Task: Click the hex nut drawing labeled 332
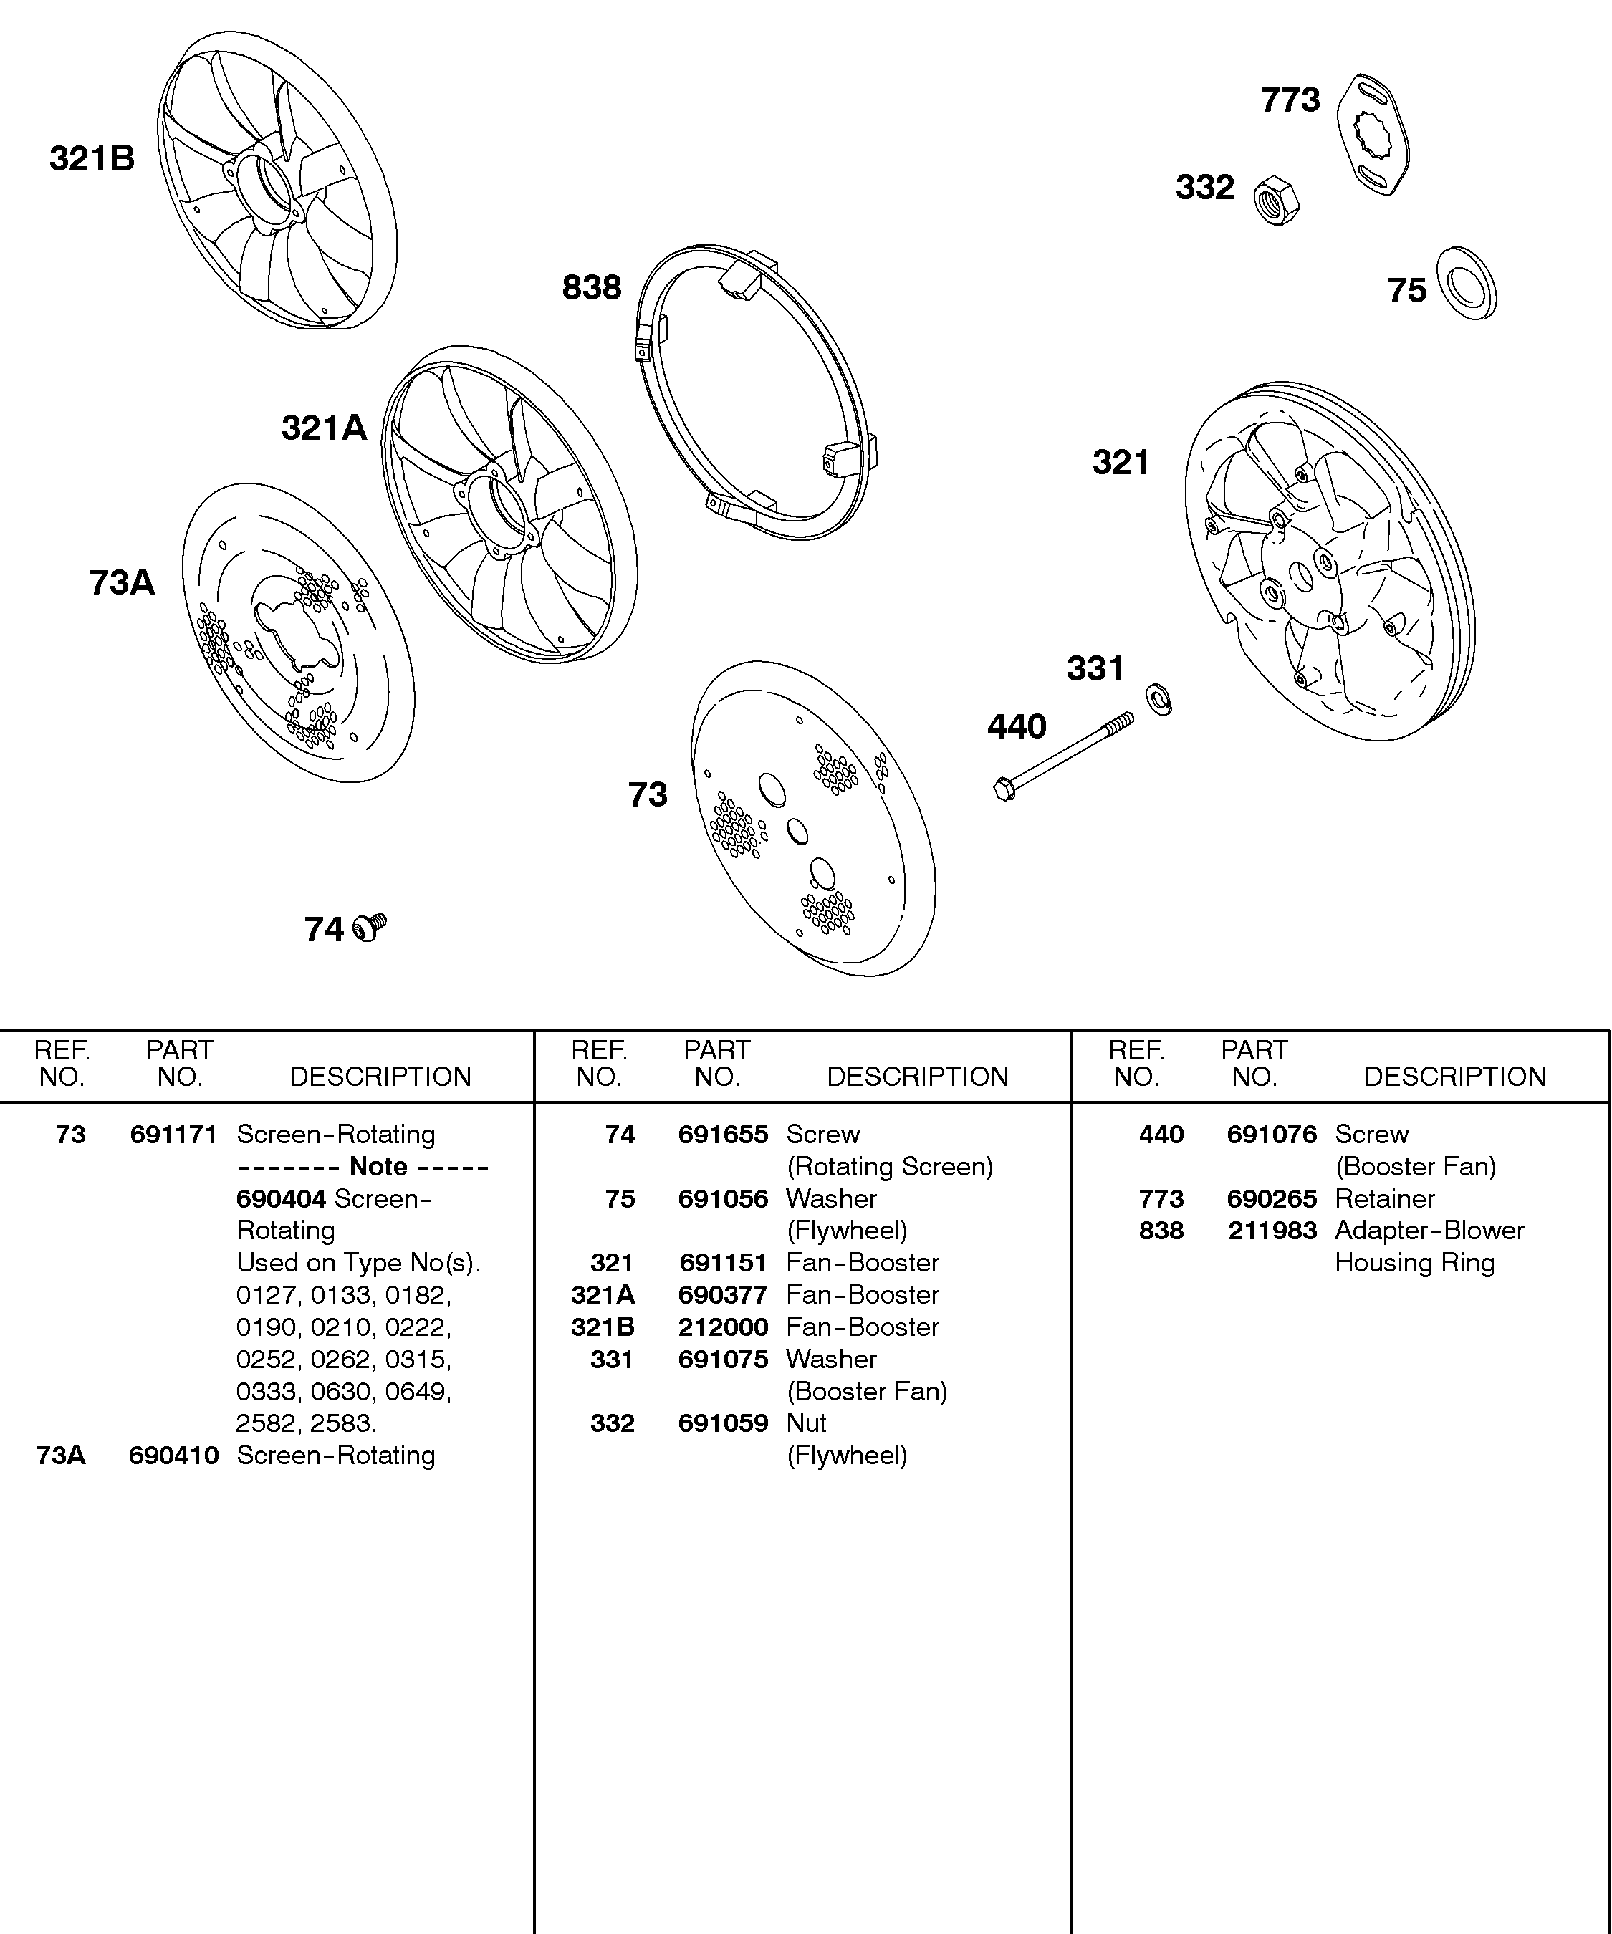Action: [1277, 200]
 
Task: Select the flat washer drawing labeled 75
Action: [1467, 284]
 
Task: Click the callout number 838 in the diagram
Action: [591, 287]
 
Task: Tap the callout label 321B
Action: [92, 158]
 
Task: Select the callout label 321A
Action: [323, 428]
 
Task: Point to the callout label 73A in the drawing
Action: [122, 583]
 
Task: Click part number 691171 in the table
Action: [173, 1135]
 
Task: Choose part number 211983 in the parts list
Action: [1272, 1231]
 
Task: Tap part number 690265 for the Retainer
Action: [1272, 1198]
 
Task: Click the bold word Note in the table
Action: [378, 1167]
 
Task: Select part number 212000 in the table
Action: [723, 1327]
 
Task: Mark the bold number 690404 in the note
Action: [281, 1198]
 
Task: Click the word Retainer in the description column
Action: [1384, 1198]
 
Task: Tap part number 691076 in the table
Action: [1272, 1135]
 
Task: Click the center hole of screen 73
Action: [797, 832]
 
